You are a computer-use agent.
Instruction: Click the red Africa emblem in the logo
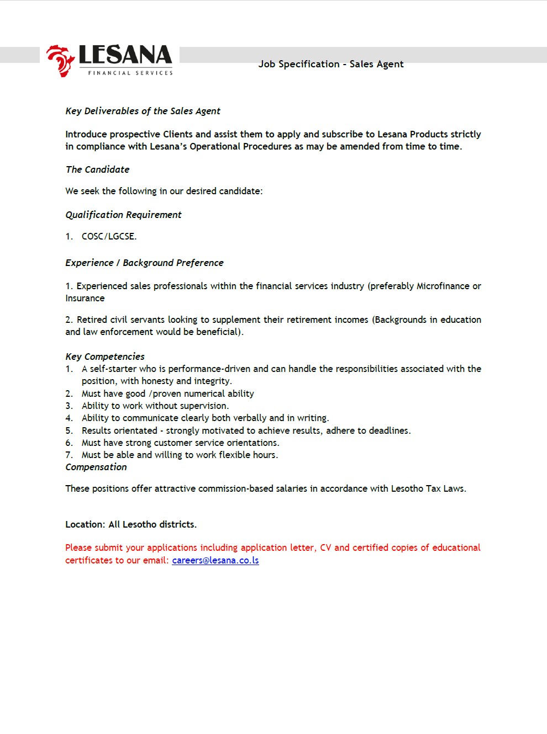(x=60, y=60)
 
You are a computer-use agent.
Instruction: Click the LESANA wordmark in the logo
(x=125, y=55)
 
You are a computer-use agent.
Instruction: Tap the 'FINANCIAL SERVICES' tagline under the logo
(x=130, y=73)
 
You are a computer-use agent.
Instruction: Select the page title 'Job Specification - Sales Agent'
(x=330, y=64)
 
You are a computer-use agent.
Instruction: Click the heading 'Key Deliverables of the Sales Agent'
(x=143, y=111)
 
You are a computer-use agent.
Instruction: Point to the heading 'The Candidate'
(x=97, y=169)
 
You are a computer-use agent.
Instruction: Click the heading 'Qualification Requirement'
(x=123, y=215)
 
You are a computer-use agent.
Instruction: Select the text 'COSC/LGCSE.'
(x=109, y=236)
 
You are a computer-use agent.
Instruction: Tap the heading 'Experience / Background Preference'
(x=144, y=263)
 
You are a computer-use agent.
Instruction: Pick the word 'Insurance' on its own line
(x=85, y=298)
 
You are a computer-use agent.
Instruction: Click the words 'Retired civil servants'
(x=121, y=320)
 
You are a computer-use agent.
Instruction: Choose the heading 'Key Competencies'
(x=105, y=357)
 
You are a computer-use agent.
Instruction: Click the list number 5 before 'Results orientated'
(x=69, y=430)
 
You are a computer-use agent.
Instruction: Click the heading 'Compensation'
(x=96, y=467)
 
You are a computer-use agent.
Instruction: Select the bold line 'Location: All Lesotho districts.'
(x=131, y=524)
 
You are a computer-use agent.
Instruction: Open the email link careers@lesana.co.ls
(x=215, y=560)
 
